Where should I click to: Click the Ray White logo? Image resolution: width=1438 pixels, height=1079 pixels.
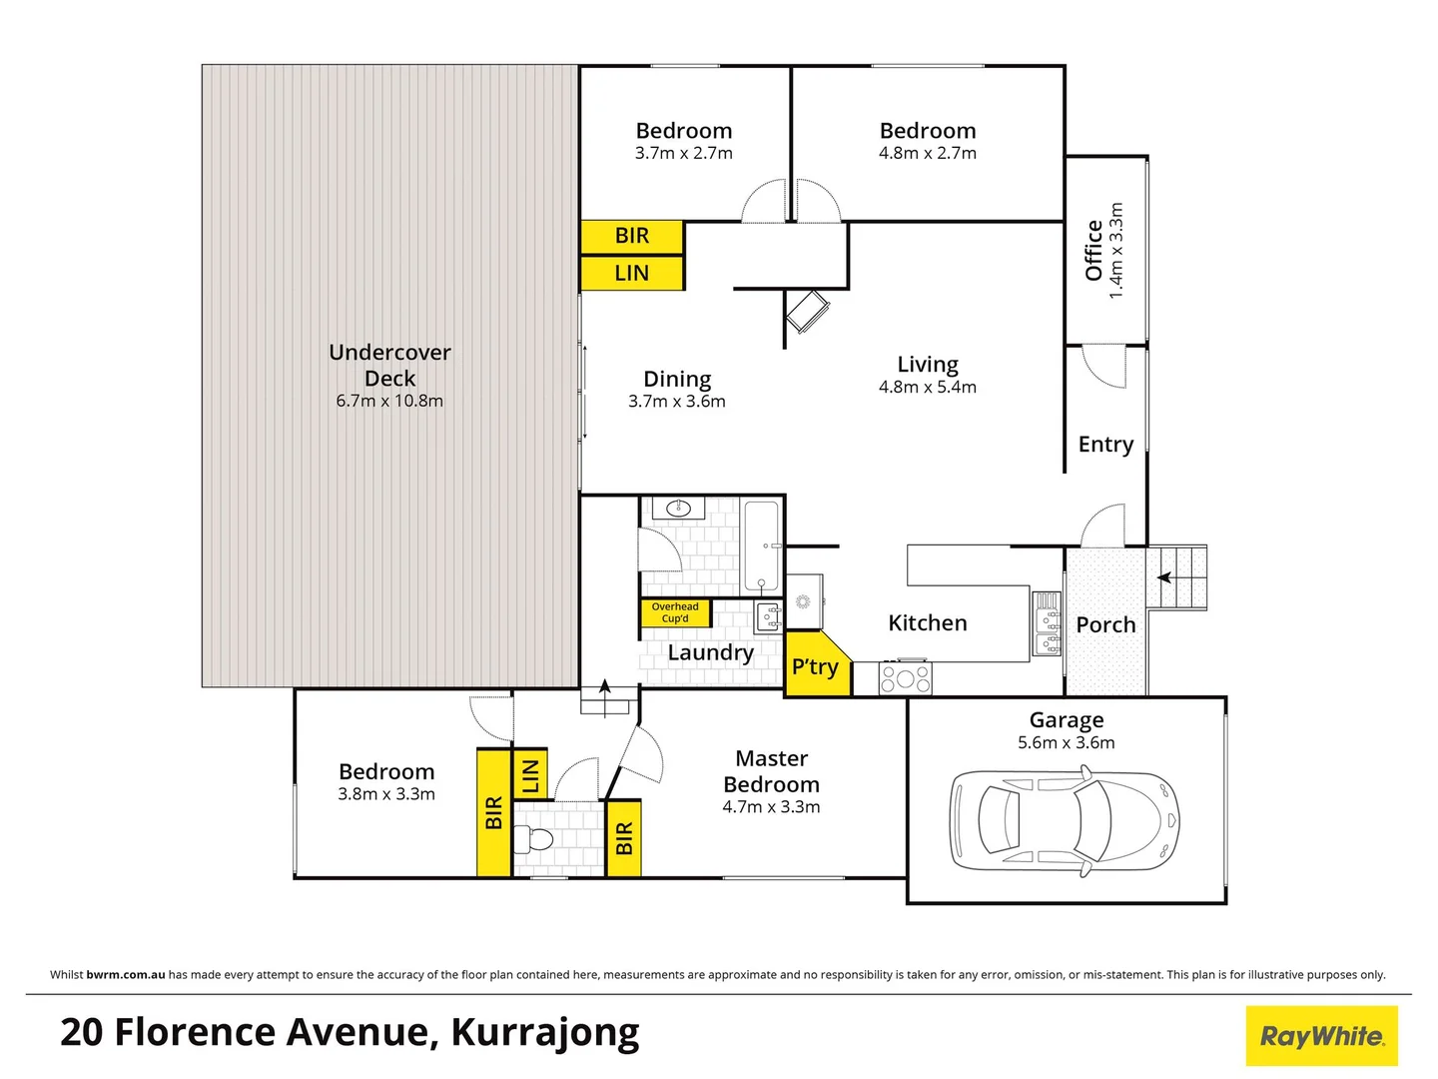click(1321, 1036)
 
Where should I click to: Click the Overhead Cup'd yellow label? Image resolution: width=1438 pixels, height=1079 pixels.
click(675, 612)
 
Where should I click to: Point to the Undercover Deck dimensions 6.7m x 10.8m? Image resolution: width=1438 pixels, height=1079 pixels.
click(389, 401)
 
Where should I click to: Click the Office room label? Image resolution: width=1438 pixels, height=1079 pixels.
click(1093, 251)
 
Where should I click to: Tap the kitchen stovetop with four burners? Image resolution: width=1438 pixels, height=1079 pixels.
click(905, 679)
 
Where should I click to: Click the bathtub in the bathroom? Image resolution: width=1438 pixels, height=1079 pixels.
click(761, 546)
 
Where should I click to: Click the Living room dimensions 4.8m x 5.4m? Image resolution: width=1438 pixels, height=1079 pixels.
click(928, 387)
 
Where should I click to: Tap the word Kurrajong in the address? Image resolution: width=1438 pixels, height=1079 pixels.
click(545, 1033)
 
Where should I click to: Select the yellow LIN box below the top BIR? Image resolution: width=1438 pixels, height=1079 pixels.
click(632, 273)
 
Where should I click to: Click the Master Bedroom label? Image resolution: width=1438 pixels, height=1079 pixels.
click(771, 771)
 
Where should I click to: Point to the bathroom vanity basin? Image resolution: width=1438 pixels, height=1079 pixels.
click(678, 509)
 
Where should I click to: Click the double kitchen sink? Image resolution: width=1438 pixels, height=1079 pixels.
click(1047, 623)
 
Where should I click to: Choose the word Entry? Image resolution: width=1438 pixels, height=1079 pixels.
click(1105, 445)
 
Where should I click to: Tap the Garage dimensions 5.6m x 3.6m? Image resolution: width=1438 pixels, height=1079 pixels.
click(1067, 742)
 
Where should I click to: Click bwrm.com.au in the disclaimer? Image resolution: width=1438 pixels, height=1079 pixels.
click(126, 974)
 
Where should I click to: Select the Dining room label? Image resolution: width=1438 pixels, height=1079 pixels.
click(677, 380)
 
